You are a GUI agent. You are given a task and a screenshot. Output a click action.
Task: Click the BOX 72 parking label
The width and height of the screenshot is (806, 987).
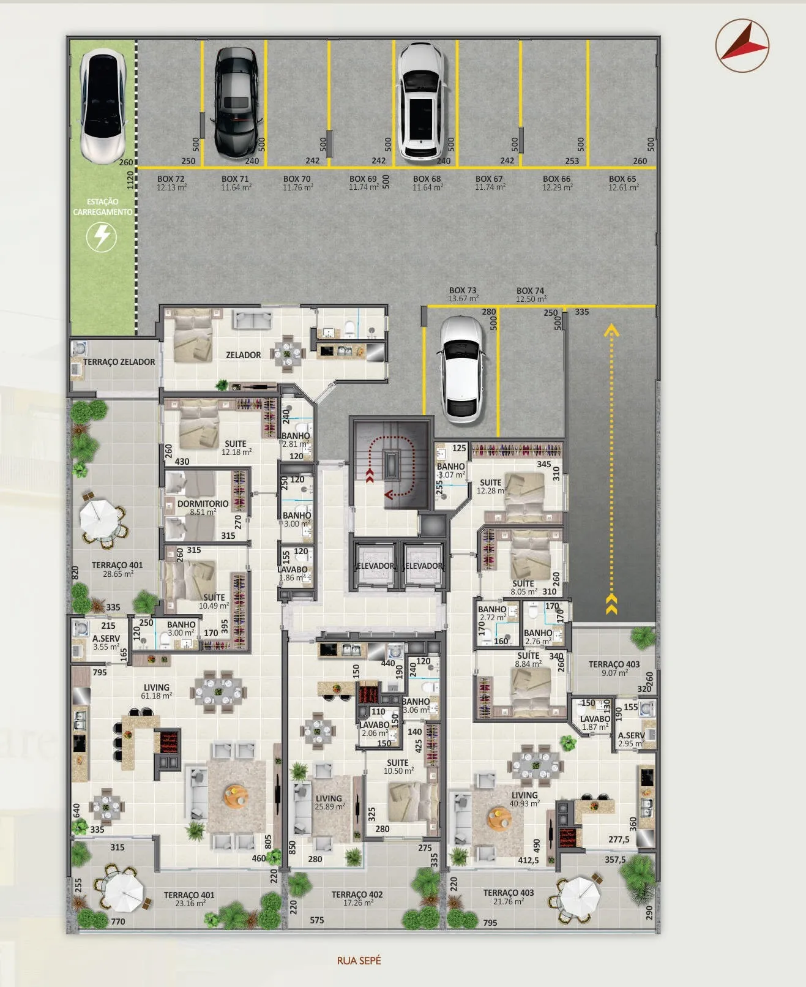point(171,182)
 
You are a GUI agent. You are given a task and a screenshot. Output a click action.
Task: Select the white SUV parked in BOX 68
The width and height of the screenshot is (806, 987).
point(420,102)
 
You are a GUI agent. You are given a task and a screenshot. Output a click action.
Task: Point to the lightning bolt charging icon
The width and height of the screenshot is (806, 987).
point(102,236)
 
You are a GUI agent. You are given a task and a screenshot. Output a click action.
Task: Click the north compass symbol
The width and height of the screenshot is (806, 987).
point(742,45)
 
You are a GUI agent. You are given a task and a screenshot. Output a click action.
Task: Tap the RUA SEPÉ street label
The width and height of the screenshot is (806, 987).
point(359,960)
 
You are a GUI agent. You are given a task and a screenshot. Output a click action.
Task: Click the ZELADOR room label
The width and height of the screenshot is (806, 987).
point(243,355)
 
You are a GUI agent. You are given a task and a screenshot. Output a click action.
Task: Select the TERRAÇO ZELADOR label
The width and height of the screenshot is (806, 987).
point(119,362)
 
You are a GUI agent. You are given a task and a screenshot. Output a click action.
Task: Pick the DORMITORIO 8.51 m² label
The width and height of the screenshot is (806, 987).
point(203,508)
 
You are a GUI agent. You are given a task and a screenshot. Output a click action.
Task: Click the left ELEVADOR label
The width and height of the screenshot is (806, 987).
point(376,566)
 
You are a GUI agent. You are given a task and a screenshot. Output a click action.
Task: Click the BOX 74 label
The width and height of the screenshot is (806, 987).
point(531,295)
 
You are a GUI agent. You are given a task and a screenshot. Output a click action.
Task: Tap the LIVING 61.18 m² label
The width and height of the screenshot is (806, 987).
point(156,691)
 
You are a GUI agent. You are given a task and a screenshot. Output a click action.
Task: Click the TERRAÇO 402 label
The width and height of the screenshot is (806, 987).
point(357,898)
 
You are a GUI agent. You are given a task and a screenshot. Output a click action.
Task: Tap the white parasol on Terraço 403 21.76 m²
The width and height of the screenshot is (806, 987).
point(580,896)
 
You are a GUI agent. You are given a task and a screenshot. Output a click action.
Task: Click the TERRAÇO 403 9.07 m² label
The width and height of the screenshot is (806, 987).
point(614,668)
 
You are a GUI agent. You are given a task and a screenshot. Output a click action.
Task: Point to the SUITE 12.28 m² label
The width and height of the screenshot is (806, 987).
point(491,486)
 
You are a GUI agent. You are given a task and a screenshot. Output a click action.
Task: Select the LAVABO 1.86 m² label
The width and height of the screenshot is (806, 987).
point(293,573)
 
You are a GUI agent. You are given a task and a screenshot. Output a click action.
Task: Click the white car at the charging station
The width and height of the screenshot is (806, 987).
point(103,106)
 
